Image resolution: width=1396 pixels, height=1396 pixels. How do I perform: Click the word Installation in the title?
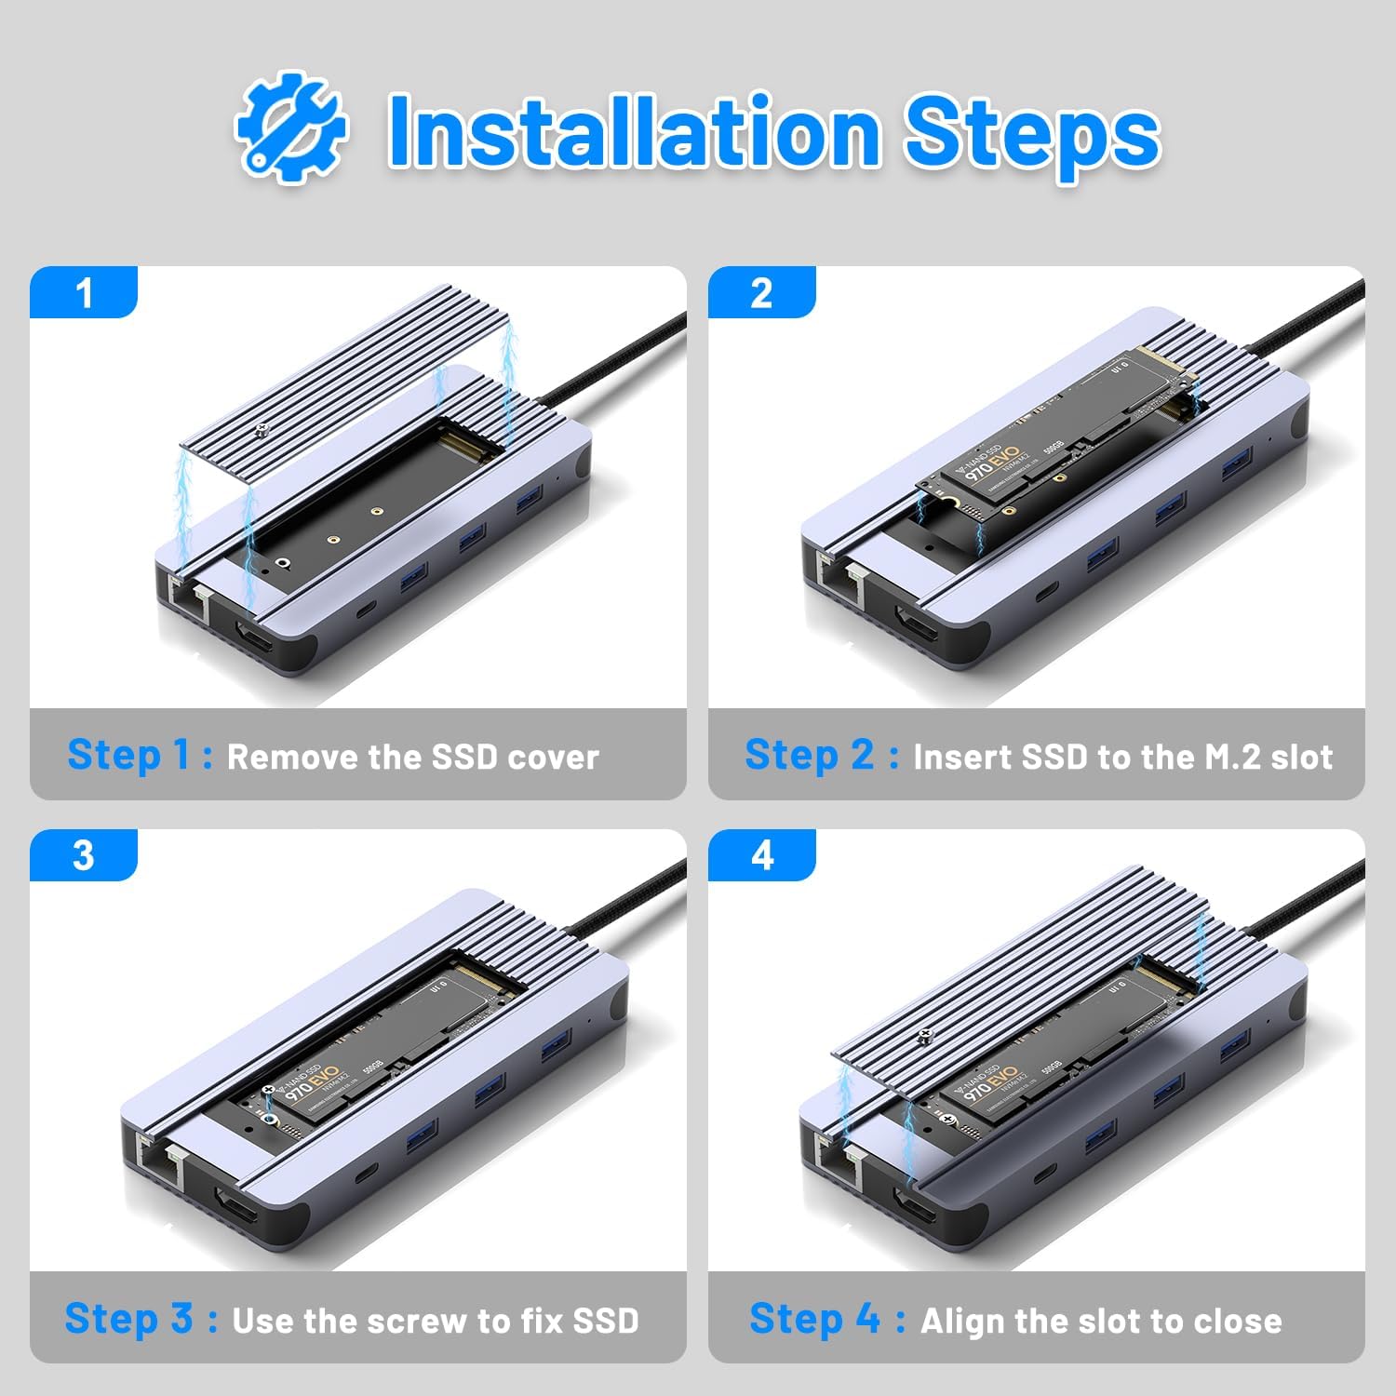(x=633, y=131)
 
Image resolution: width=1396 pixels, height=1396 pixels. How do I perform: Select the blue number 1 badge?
(x=84, y=293)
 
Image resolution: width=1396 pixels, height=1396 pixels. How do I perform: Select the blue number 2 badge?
(x=761, y=293)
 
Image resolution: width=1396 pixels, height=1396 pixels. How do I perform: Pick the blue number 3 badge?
(x=84, y=855)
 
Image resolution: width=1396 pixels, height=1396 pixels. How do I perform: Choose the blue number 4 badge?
(x=761, y=855)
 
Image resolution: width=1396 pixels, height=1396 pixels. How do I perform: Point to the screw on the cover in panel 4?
(x=925, y=1034)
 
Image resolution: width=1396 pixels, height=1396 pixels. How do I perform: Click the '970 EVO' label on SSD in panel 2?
(x=992, y=463)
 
